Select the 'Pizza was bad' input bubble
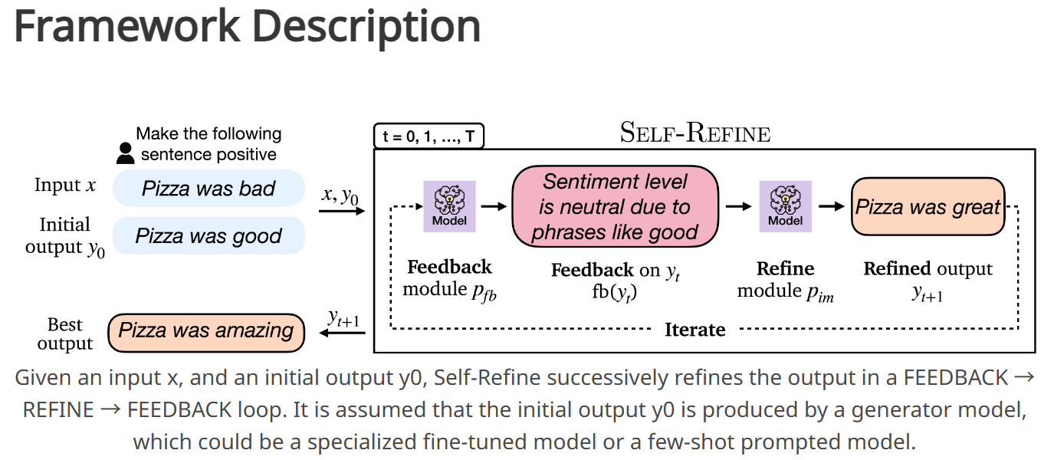(x=209, y=189)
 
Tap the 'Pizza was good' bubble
(x=209, y=235)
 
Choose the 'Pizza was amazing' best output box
(x=206, y=332)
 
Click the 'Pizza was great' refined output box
(x=928, y=206)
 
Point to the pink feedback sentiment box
(x=616, y=207)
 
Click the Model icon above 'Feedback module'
(x=449, y=206)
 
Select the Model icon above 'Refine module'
(x=785, y=206)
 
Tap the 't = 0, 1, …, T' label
(x=428, y=137)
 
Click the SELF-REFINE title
(x=694, y=134)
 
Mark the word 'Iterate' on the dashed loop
(x=694, y=330)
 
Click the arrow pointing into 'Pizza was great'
(x=831, y=206)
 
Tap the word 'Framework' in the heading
(x=126, y=26)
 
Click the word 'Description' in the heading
(x=366, y=26)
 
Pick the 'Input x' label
(x=65, y=186)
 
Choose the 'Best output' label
(x=65, y=334)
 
